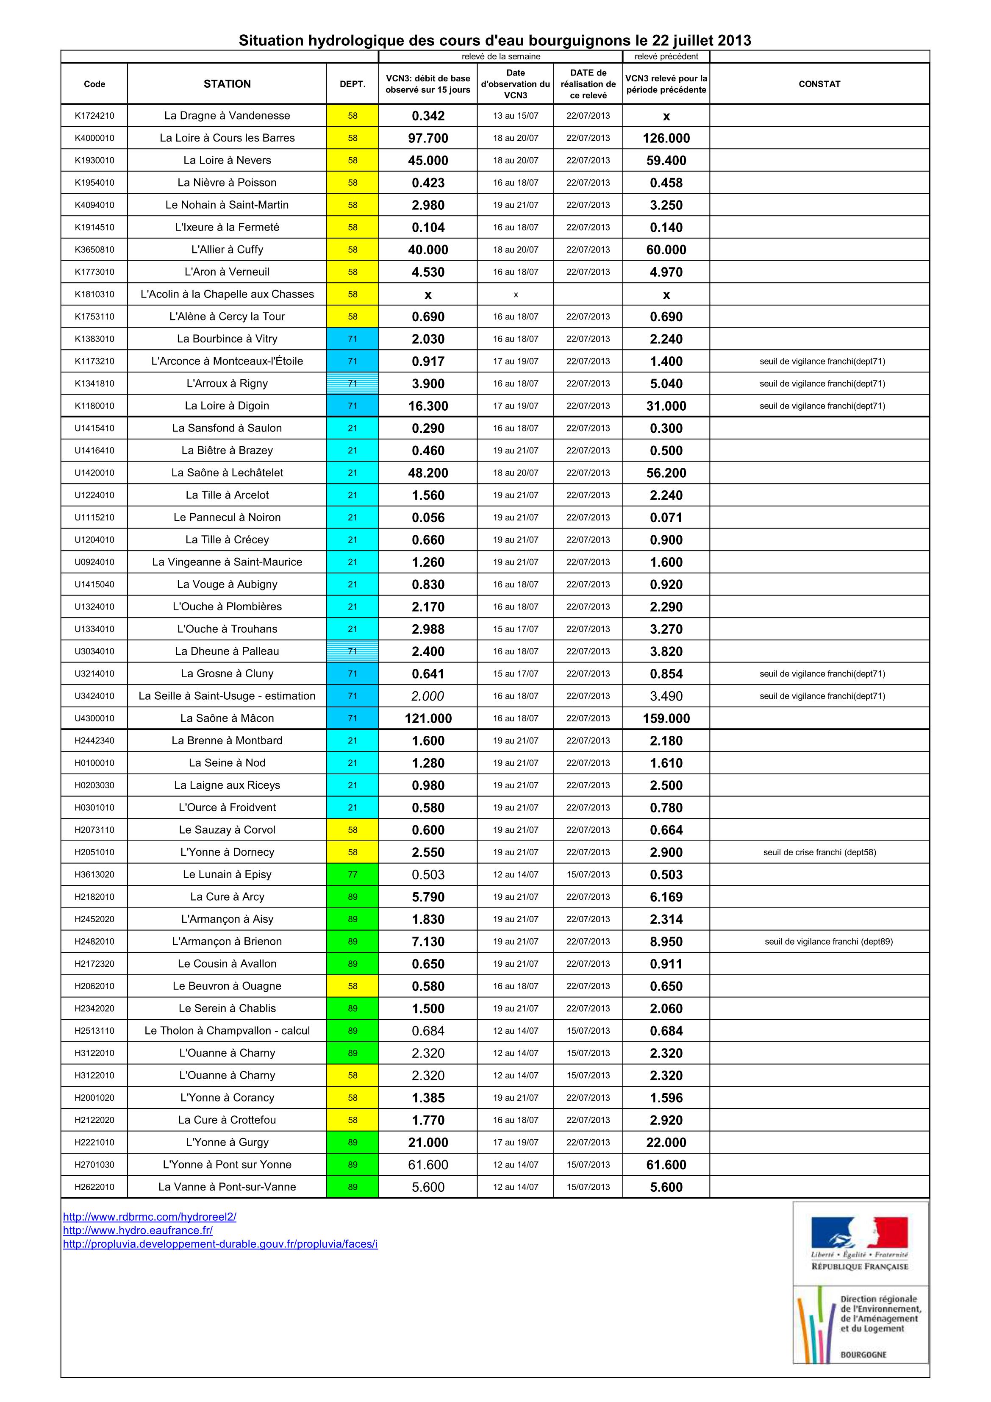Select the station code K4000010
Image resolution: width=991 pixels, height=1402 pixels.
pos(94,138)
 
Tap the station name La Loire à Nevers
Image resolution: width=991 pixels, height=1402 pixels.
pos(227,160)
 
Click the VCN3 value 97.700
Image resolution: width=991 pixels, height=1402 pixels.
pos(428,138)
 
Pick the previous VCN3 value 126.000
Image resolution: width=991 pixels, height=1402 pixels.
pos(666,138)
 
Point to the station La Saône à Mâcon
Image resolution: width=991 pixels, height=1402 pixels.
pos(227,718)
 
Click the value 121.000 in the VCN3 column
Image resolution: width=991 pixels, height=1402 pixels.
pos(428,718)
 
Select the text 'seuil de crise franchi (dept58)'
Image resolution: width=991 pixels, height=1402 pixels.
pos(819,852)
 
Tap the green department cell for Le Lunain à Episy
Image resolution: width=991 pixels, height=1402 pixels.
pos(353,874)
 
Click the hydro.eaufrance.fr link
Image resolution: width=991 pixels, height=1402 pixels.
pos(138,1230)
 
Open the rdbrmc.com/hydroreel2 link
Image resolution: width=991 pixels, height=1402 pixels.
pos(150,1216)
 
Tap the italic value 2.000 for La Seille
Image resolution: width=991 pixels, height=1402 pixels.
pos(428,696)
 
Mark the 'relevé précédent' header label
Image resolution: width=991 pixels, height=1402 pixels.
pos(666,56)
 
